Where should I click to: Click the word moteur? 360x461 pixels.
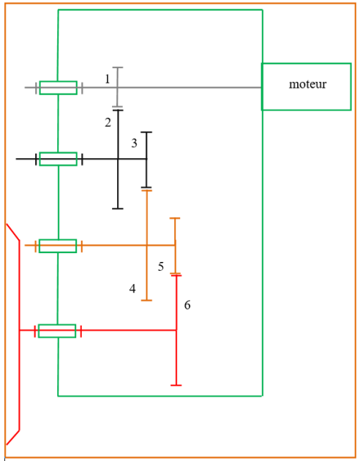pyautogui.click(x=307, y=84)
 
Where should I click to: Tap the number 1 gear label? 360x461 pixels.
pyautogui.click(x=108, y=79)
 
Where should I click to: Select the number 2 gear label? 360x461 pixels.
pyautogui.click(x=108, y=122)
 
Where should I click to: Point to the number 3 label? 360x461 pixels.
pyautogui.click(x=134, y=143)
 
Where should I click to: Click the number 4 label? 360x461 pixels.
pyautogui.click(x=132, y=288)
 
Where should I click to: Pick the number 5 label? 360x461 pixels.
pyautogui.click(x=161, y=266)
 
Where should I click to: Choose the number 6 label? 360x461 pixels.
pyautogui.click(x=187, y=305)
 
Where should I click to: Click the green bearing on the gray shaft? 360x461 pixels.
pyautogui.click(x=59, y=88)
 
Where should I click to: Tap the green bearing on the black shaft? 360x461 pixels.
pyautogui.click(x=59, y=159)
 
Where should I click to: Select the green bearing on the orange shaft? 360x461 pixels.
pyautogui.click(x=58, y=246)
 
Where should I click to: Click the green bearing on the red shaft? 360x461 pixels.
pyautogui.click(x=57, y=331)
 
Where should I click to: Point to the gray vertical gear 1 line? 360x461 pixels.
pyautogui.click(x=118, y=87)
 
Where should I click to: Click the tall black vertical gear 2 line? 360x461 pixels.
pyautogui.click(x=118, y=160)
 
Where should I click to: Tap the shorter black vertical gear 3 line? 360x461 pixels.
pyautogui.click(x=146, y=160)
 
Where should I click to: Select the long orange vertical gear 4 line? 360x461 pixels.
pyautogui.click(x=146, y=245)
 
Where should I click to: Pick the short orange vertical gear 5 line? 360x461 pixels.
pyautogui.click(x=175, y=246)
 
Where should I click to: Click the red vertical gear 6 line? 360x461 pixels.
pyautogui.click(x=176, y=330)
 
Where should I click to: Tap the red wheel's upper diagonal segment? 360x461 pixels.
pyautogui.click(x=13, y=232)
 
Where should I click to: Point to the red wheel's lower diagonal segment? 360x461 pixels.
pyautogui.click(x=13, y=437)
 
